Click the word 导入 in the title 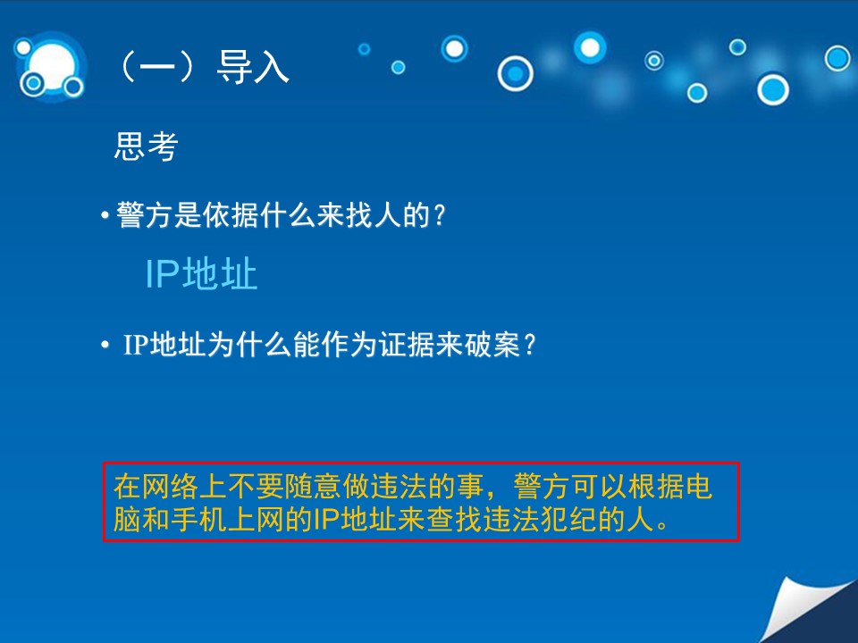pyautogui.click(x=253, y=67)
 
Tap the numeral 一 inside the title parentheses pyautogui.click(x=157, y=68)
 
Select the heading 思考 pyautogui.click(x=146, y=146)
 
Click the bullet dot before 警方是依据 pyautogui.click(x=105, y=215)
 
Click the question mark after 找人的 pyautogui.click(x=439, y=215)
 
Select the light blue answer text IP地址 pyautogui.click(x=201, y=273)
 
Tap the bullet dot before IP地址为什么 pyautogui.click(x=105, y=345)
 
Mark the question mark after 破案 pyautogui.click(x=529, y=345)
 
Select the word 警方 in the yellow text pyautogui.click(x=542, y=486)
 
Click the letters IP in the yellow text pyautogui.click(x=327, y=519)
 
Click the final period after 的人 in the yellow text pyautogui.click(x=662, y=525)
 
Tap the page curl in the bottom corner pyautogui.click(x=804, y=611)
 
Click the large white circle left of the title pyautogui.click(x=53, y=65)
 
